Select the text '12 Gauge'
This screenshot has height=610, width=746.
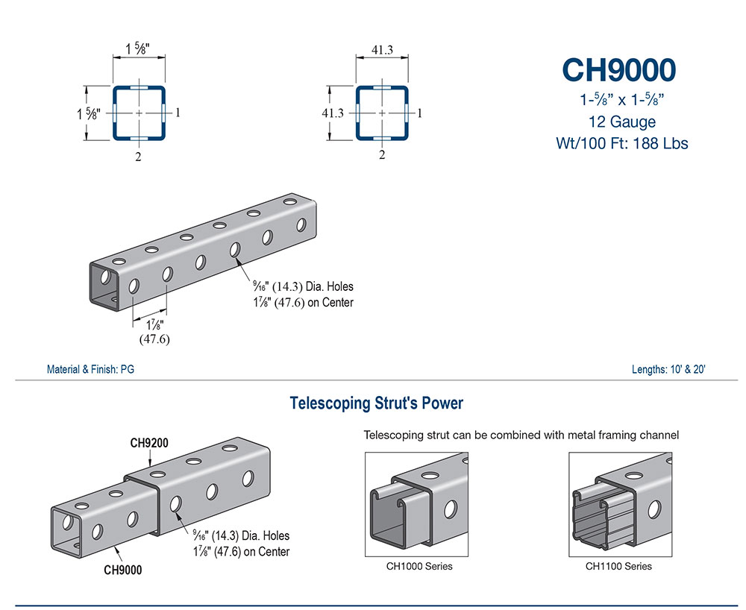621,121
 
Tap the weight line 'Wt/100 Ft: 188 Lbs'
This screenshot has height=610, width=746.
621,142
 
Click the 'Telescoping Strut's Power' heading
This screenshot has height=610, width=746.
376,403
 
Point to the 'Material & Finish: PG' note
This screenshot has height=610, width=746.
90,369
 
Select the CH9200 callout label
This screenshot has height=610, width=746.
149,442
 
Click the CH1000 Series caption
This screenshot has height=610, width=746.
419,566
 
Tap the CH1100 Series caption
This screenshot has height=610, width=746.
618,566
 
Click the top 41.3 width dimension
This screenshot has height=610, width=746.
382,50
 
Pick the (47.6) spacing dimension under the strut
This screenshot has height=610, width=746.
154,339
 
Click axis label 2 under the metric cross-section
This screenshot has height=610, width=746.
382,155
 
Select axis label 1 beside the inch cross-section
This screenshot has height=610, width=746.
178,113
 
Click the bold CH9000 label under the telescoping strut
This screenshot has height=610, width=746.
122,570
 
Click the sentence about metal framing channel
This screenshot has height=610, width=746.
521,435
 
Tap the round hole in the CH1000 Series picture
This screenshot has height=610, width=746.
451,509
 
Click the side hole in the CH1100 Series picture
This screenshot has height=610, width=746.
654,509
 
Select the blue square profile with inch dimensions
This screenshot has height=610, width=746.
139,113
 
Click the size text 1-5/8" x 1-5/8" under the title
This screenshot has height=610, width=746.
621,98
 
